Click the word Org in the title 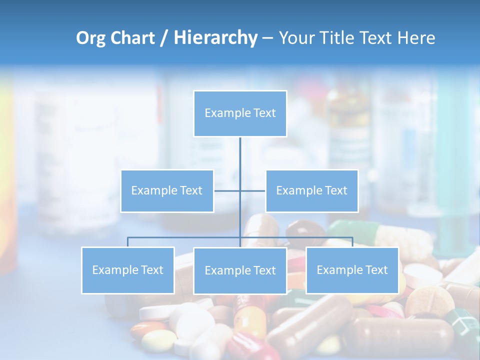click(x=90, y=38)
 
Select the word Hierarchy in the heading click(x=215, y=38)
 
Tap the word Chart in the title click(x=132, y=38)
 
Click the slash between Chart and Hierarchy click(x=163, y=38)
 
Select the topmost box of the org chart click(x=240, y=113)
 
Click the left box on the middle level click(x=167, y=190)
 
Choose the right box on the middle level click(x=311, y=190)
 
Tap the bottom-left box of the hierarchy click(x=127, y=270)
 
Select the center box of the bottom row click(x=240, y=270)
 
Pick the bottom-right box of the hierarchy click(x=352, y=270)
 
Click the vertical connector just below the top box click(x=240, y=155)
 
